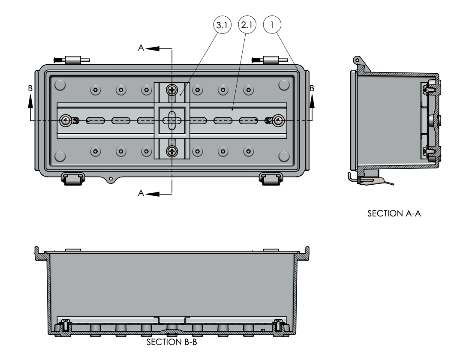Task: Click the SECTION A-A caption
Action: tap(393, 214)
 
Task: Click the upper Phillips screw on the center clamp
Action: tap(172, 90)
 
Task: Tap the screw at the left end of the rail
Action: tap(66, 120)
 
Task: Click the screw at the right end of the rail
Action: tap(278, 120)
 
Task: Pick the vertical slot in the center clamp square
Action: tap(172, 120)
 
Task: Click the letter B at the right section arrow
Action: tap(312, 88)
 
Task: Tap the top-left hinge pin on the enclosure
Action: tap(70, 60)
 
